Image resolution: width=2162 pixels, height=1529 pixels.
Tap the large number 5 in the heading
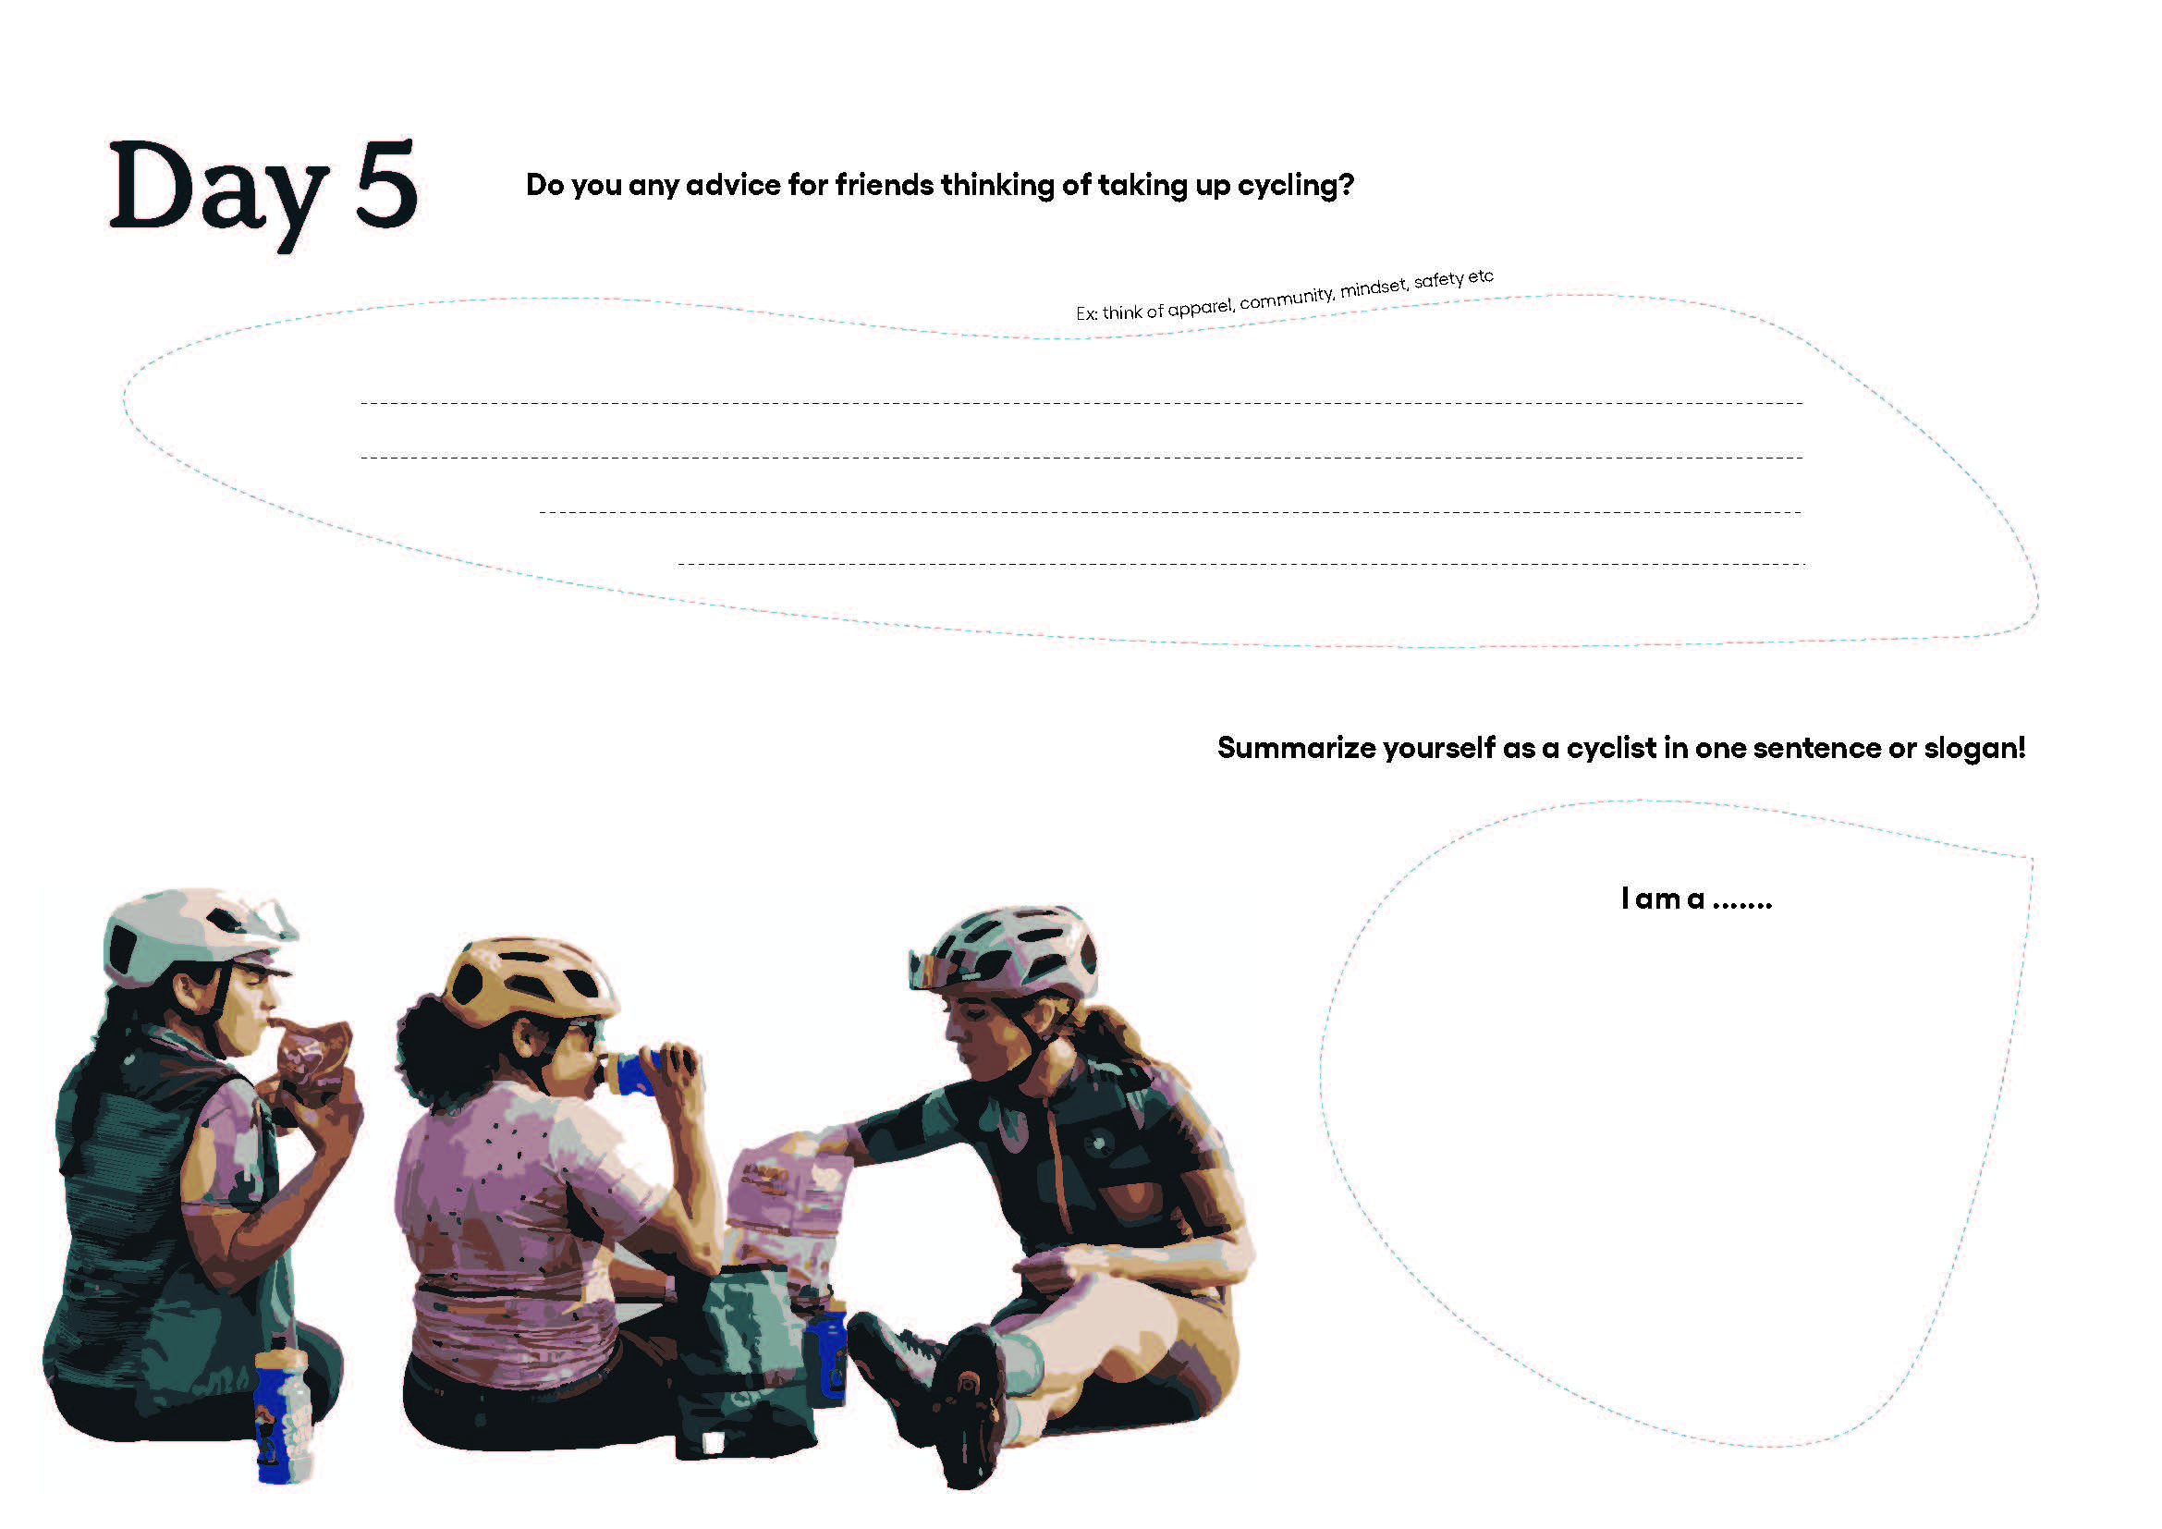pyautogui.click(x=386, y=184)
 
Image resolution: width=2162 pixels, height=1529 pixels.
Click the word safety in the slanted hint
pyautogui.click(x=1439, y=281)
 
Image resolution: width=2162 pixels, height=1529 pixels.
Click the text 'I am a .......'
pyautogui.click(x=1696, y=899)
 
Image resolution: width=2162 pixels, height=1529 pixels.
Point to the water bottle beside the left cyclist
pyautogui.click(x=283, y=1413)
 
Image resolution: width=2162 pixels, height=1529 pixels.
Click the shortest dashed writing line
pyautogui.click(x=1241, y=565)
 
